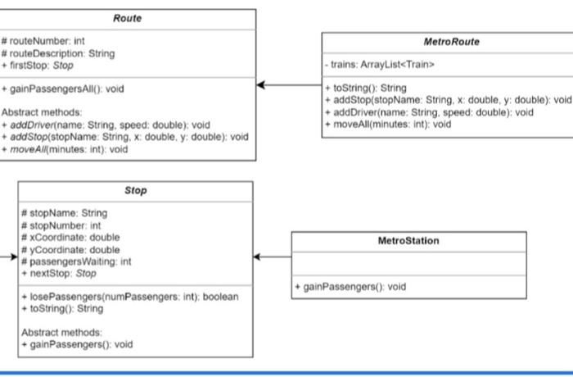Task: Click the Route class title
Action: point(127,18)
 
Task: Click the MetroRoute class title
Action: point(451,42)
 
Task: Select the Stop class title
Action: point(136,190)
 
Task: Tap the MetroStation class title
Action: point(408,241)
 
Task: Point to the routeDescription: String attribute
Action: point(58,52)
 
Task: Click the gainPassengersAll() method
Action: point(63,89)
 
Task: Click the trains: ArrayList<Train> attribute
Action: point(381,64)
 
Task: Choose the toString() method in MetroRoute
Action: point(365,88)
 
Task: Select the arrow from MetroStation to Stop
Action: point(273,257)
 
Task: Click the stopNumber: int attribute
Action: point(61,225)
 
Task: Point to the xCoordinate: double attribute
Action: point(70,237)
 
